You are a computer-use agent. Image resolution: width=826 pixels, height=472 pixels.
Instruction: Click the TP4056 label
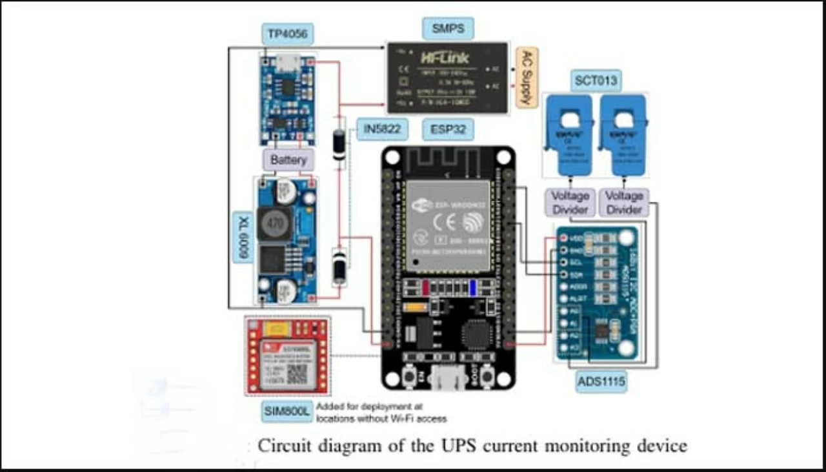click(x=287, y=35)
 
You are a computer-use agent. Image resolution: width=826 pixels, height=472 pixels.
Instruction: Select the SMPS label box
click(x=448, y=28)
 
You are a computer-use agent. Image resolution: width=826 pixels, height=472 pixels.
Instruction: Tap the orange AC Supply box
click(x=527, y=77)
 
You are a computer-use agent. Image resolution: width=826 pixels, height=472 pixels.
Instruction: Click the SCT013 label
click(x=596, y=81)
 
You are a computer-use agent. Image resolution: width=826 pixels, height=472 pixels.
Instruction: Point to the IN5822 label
click(x=382, y=129)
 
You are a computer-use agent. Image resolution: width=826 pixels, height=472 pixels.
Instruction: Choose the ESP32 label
click(x=448, y=129)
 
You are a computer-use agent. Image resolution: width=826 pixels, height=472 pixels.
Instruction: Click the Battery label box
click(x=288, y=159)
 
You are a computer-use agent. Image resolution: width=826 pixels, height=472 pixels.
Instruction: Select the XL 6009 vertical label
click(x=244, y=236)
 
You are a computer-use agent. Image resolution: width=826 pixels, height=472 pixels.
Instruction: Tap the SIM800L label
click(x=287, y=411)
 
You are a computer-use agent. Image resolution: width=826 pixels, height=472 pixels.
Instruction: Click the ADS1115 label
click(x=601, y=382)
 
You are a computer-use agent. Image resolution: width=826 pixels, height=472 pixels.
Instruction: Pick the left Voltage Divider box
click(x=570, y=203)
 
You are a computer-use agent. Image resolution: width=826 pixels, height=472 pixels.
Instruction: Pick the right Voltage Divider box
click(x=624, y=203)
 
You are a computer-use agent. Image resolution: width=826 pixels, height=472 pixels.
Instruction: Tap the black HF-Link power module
click(x=447, y=78)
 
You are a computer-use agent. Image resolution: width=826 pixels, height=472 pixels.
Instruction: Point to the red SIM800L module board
click(x=287, y=356)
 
